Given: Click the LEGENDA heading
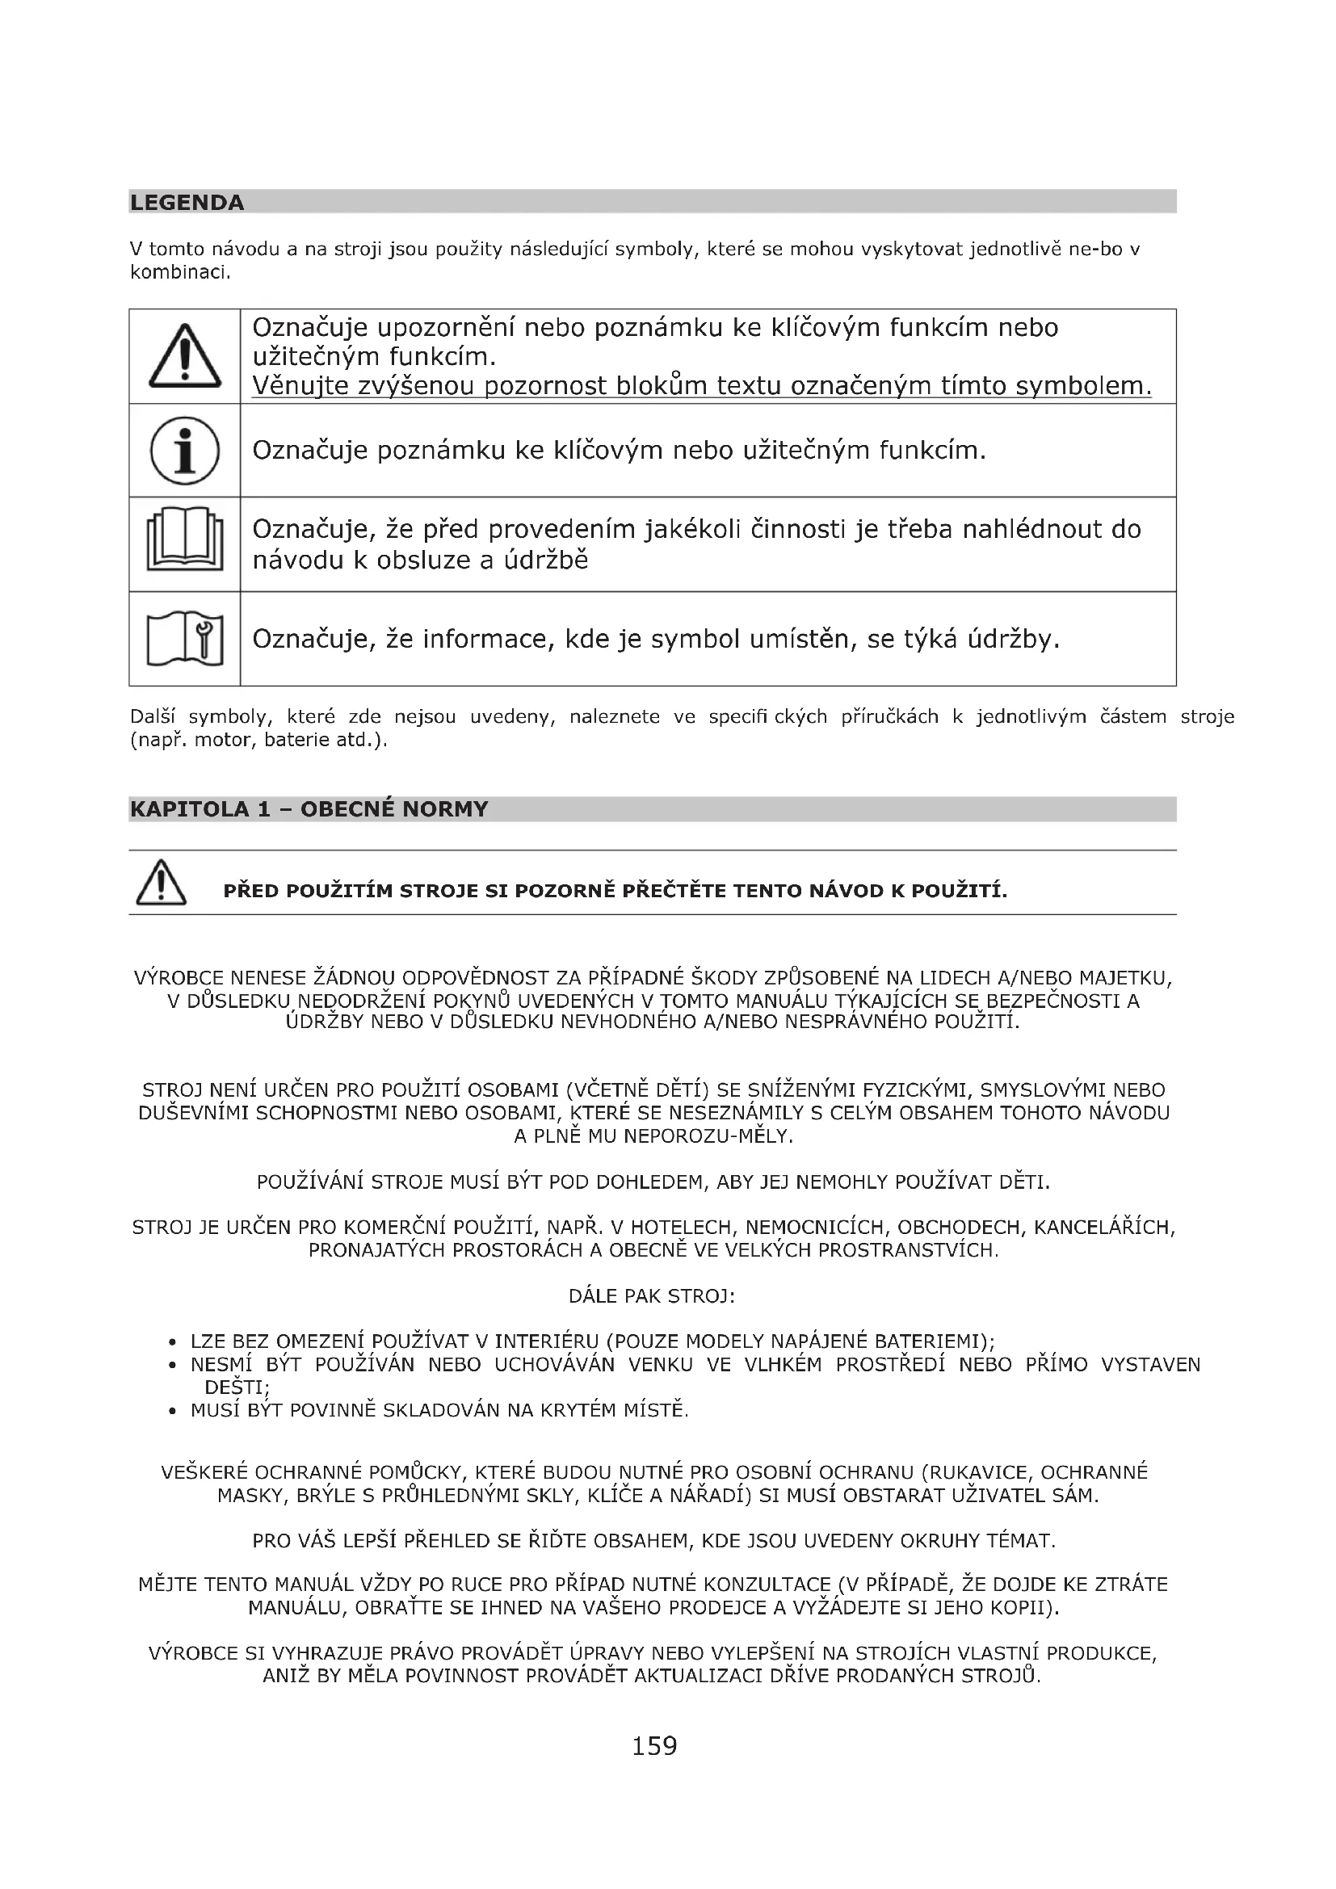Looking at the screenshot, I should pyautogui.click(x=187, y=203).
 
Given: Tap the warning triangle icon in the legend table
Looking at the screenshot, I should pyautogui.click(x=185, y=357).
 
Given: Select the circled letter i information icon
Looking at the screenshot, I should pyautogui.click(x=185, y=451).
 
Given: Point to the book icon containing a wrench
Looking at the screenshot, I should pyautogui.click(x=185, y=639).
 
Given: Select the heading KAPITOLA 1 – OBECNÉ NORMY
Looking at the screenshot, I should pyautogui.click(x=309, y=808).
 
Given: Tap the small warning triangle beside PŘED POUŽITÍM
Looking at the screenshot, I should pyautogui.click(x=162, y=882).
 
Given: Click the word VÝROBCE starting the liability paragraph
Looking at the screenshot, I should pyautogui.click(x=179, y=978).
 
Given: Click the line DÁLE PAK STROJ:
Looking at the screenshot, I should pyautogui.click(x=652, y=1297).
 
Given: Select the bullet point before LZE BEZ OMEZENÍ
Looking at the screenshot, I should pyautogui.click(x=172, y=1343).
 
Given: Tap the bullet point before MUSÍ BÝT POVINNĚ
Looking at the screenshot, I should pyautogui.click(x=172, y=1412).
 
